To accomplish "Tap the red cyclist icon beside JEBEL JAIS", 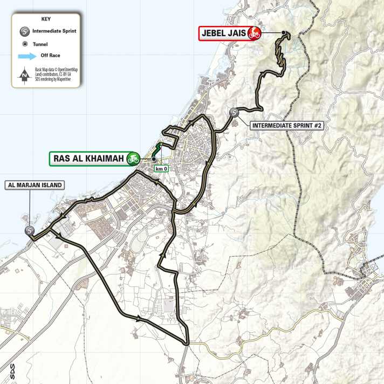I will click(x=254, y=33).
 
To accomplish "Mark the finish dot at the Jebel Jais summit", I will click(x=283, y=33).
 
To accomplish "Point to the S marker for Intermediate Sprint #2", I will click(x=234, y=113).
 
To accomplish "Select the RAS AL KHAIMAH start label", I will click(x=88, y=159).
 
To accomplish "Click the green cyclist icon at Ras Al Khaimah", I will click(x=133, y=159).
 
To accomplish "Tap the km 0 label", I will click(x=161, y=169).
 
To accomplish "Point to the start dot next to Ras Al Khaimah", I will click(x=153, y=159).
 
